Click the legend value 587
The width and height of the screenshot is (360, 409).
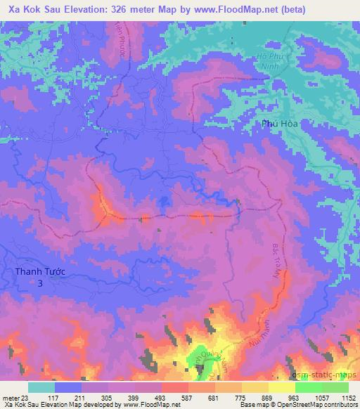181,398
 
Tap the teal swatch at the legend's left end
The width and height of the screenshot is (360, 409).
41,387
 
